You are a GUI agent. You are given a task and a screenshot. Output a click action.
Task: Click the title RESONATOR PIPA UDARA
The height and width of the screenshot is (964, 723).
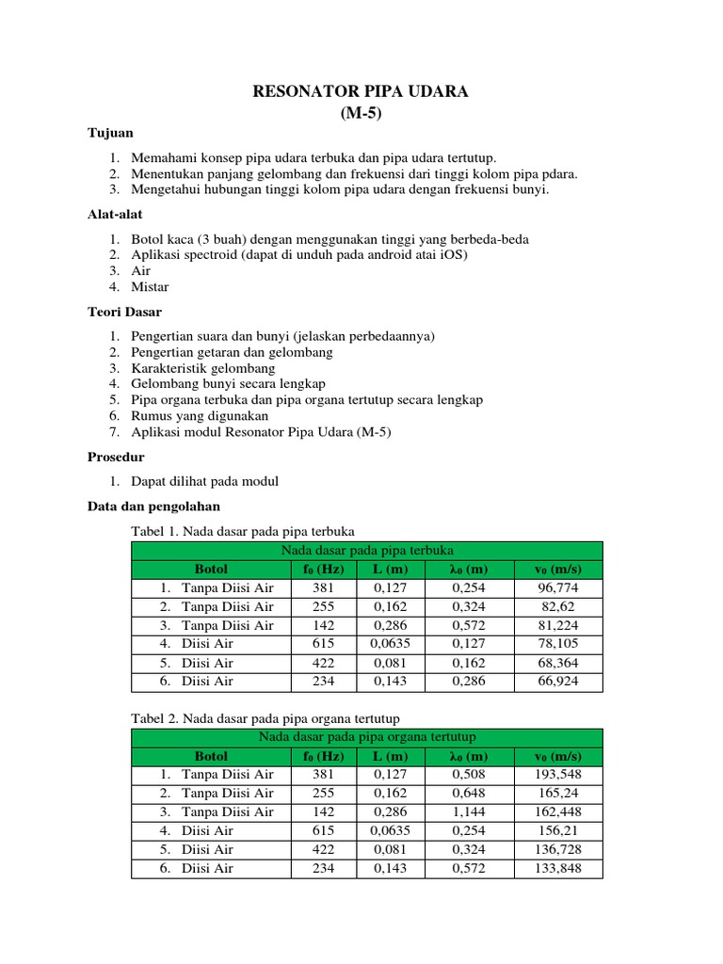(x=361, y=91)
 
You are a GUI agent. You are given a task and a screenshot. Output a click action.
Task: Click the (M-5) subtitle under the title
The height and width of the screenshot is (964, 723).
(x=361, y=113)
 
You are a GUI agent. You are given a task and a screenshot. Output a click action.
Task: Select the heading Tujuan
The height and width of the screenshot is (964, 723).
(x=110, y=135)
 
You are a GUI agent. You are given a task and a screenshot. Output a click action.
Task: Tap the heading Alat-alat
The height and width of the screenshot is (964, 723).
(x=115, y=216)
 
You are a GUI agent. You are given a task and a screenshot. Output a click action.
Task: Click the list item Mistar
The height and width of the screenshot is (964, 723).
(x=151, y=286)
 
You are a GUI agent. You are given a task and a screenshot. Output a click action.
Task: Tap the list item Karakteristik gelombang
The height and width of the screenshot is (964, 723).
(x=203, y=368)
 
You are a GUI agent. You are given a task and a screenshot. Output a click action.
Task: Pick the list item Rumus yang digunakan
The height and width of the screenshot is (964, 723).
(x=200, y=415)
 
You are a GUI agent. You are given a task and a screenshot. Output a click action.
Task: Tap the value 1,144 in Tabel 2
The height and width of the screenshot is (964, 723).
(x=469, y=811)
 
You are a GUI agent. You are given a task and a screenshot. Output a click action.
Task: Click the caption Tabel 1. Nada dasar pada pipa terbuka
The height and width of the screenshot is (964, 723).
(x=242, y=531)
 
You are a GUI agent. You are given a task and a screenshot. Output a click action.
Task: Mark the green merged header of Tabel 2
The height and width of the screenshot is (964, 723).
(x=366, y=737)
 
